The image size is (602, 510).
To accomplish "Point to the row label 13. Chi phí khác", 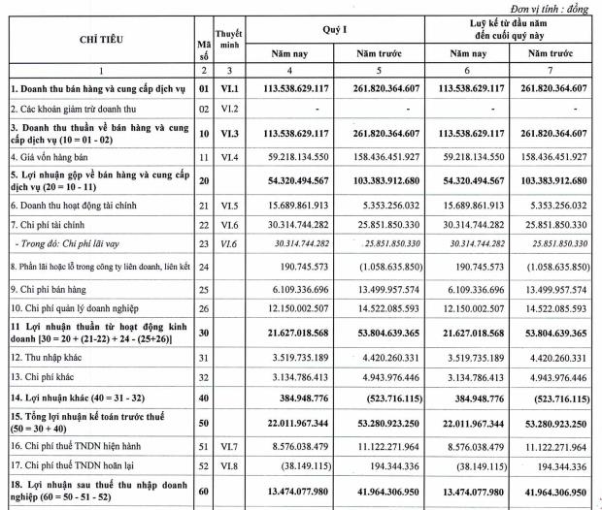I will click(x=41, y=377).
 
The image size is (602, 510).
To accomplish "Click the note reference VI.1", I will click(x=231, y=89).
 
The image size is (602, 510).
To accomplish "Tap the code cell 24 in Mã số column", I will click(x=203, y=264).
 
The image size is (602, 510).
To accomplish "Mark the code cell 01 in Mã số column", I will click(x=203, y=89).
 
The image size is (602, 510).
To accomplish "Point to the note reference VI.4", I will click(x=231, y=156).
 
